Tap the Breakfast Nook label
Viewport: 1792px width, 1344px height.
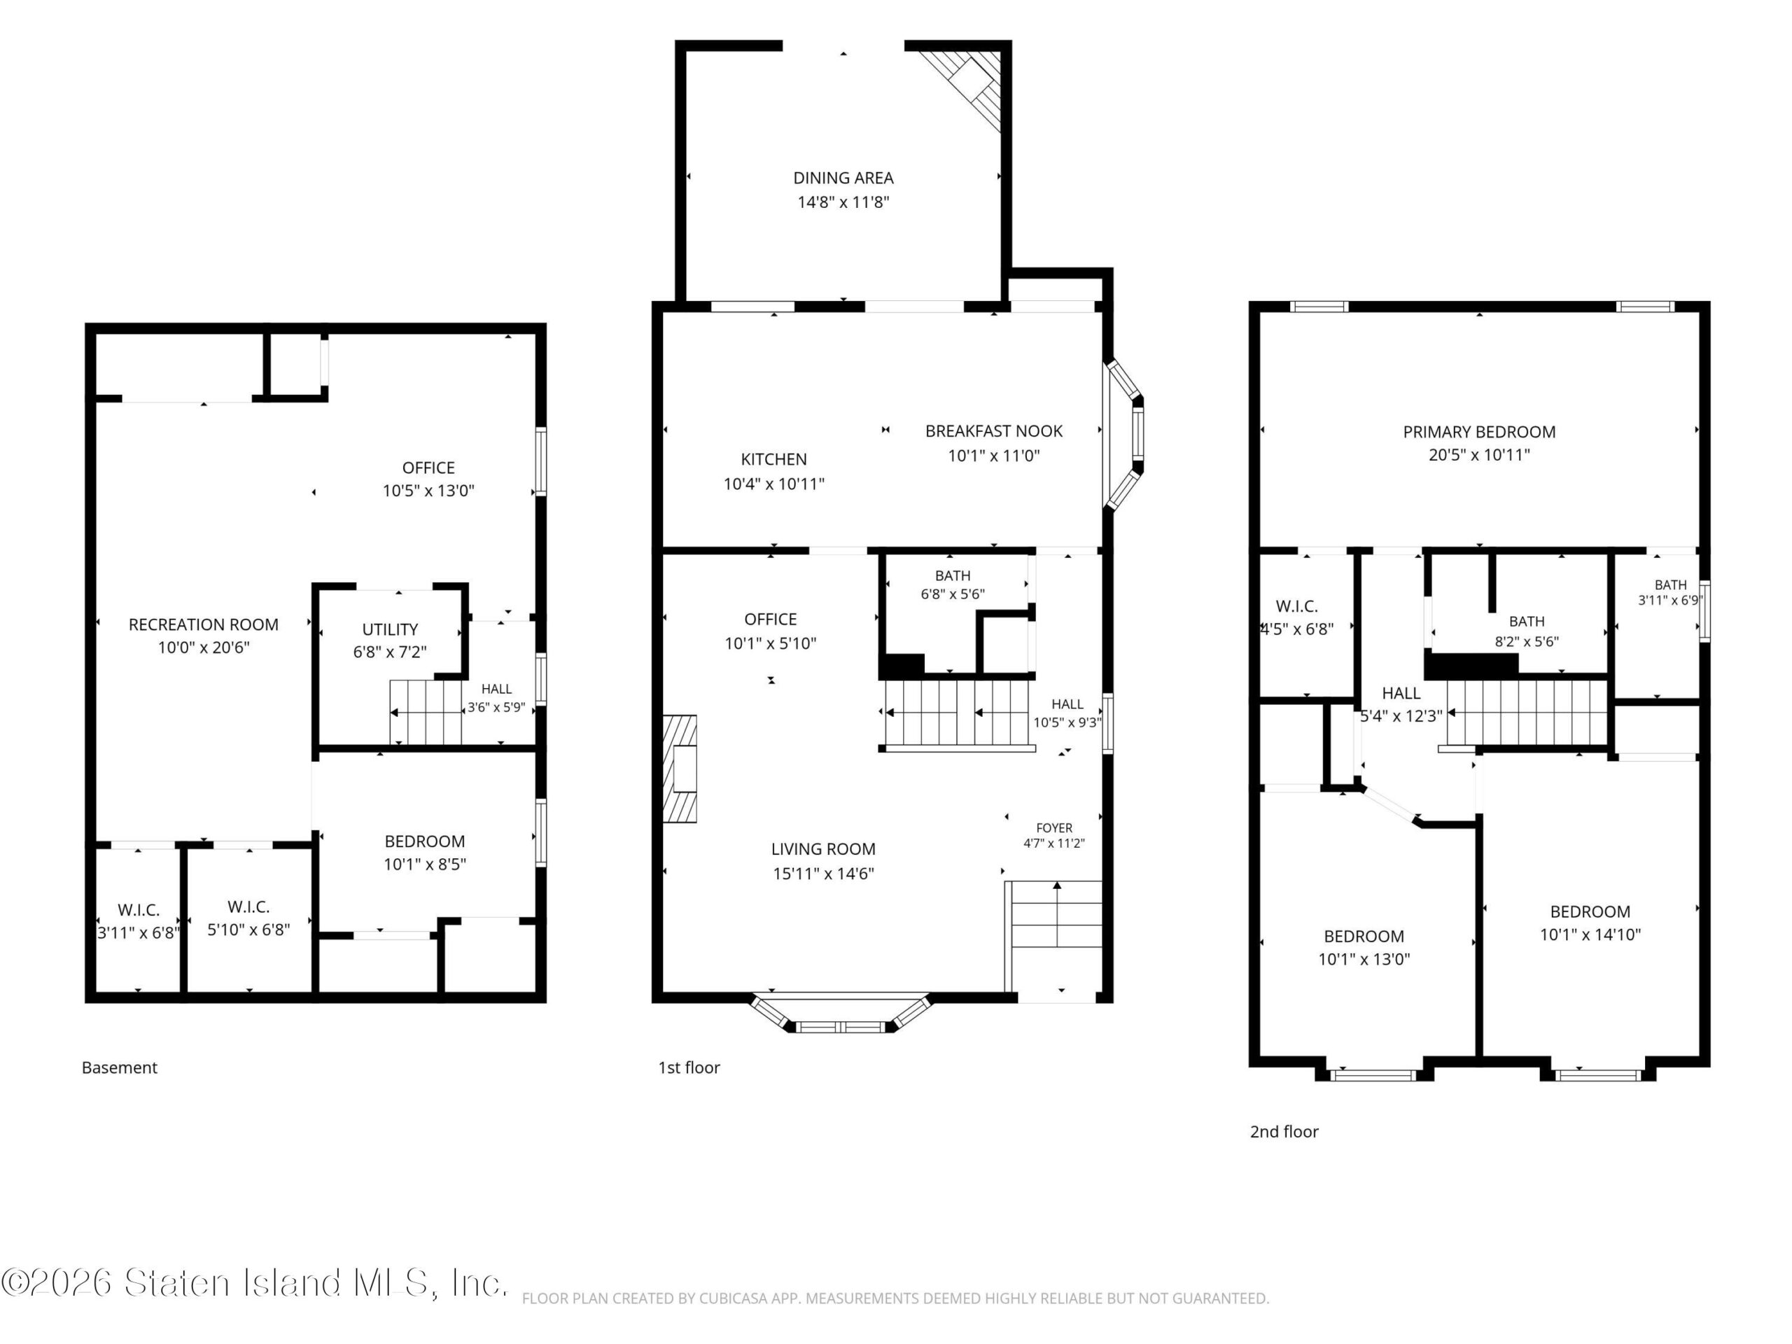tap(993, 431)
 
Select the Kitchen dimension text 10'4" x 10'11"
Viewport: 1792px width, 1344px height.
tap(773, 484)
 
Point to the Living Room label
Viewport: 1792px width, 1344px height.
tap(823, 849)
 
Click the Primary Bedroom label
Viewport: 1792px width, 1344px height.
tap(1478, 432)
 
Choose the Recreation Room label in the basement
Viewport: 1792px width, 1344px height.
tap(203, 624)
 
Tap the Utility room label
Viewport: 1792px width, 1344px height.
tap(390, 629)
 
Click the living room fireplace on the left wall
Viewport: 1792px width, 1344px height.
tap(680, 768)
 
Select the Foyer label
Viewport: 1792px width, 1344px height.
tap(1054, 828)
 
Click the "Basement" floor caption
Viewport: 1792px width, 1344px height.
tap(119, 1067)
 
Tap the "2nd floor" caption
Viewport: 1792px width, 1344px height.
tap(1284, 1132)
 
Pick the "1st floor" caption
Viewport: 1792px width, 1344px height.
tap(689, 1067)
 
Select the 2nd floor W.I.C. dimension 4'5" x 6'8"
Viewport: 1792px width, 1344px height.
tap(1296, 629)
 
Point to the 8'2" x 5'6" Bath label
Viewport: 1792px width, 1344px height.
tap(1526, 642)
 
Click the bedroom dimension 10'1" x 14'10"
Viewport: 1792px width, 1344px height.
tap(1590, 934)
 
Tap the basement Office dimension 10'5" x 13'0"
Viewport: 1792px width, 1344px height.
tap(428, 490)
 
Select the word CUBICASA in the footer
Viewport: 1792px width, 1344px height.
tap(736, 1298)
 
